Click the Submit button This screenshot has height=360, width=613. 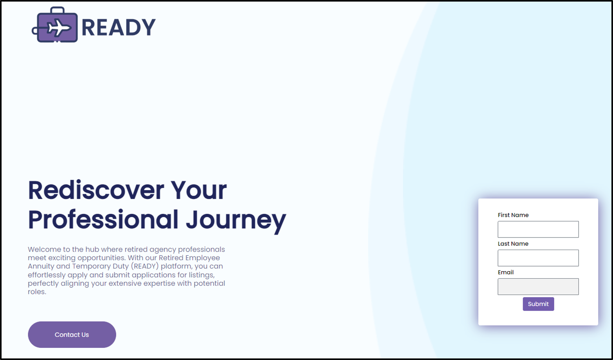tap(538, 304)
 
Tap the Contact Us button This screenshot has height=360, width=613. tap(72, 335)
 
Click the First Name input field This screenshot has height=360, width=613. tap(538, 229)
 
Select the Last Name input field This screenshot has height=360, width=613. tap(538, 258)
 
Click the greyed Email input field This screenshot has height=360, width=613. tap(538, 286)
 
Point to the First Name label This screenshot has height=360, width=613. tap(513, 215)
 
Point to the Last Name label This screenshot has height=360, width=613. tap(513, 244)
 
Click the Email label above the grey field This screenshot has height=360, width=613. tap(506, 272)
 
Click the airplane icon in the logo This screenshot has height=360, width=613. tap(59, 28)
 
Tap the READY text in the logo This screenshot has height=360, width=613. tap(119, 27)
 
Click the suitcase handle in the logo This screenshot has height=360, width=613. tap(58, 10)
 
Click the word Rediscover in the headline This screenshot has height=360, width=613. tap(96, 190)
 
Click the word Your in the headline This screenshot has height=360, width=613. tap(199, 190)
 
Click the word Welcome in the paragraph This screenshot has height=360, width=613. tap(44, 250)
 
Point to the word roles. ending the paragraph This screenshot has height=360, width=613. tap(37, 292)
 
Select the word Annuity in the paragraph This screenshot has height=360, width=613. tap(41, 266)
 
